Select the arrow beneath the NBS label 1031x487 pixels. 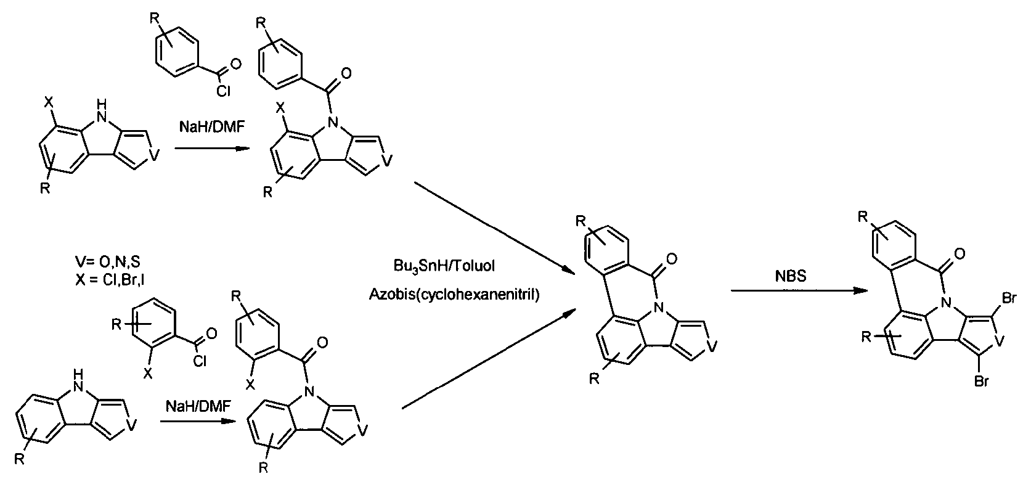799,291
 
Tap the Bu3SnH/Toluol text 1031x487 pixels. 444,266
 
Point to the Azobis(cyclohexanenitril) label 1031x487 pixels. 454,294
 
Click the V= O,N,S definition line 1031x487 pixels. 108,262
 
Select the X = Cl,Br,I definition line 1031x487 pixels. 110,279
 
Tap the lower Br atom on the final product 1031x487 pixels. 981,382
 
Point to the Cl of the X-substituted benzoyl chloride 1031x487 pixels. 200,361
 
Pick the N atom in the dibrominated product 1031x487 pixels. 947,303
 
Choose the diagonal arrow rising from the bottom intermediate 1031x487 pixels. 490,359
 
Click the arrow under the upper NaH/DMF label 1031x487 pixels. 212,149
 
